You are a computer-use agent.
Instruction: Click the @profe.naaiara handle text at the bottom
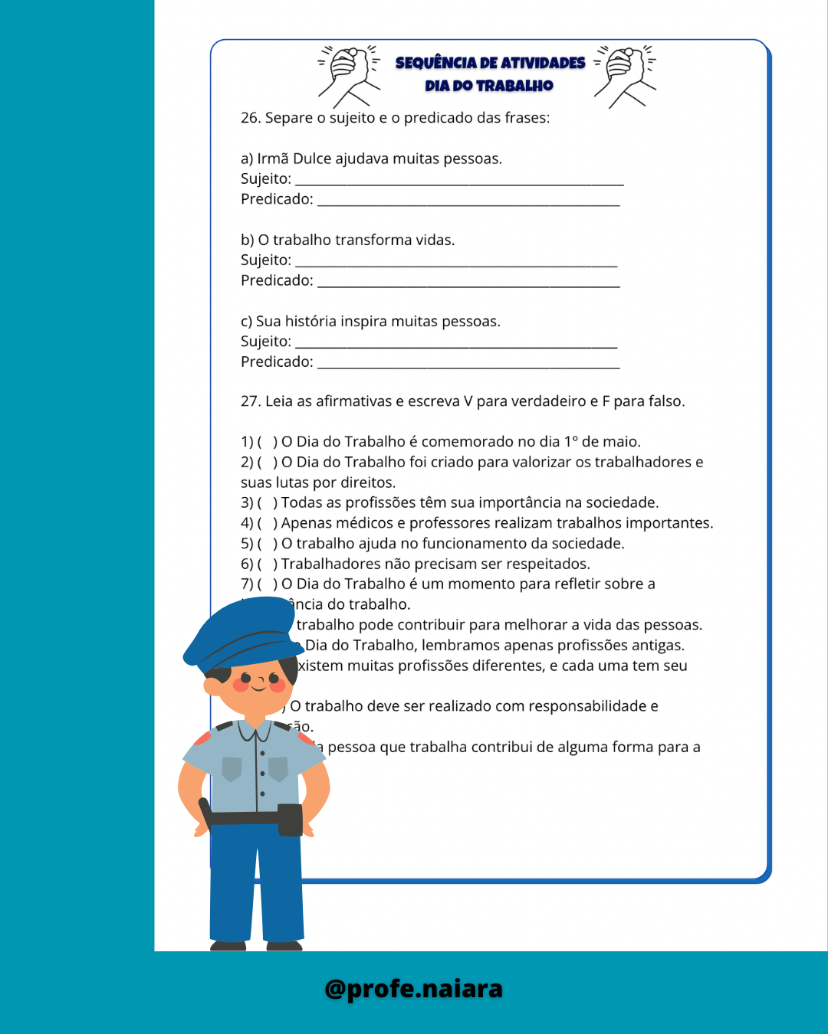[x=413, y=989]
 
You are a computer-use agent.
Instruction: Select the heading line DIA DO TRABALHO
[x=489, y=86]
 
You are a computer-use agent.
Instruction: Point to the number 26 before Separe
[x=250, y=118]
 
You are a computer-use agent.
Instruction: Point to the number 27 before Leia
[x=250, y=401]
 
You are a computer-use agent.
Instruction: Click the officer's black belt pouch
[x=290, y=820]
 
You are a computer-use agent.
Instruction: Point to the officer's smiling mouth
[x=258, y=687]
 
